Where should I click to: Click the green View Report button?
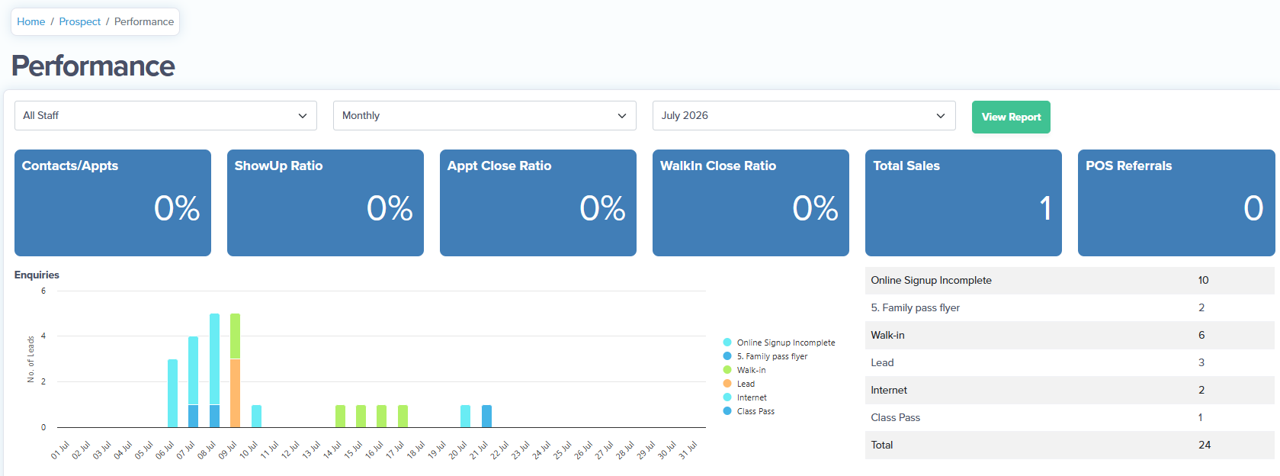point(1011,117)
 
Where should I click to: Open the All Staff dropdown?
point(165,116)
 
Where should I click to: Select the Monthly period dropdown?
point(485,116)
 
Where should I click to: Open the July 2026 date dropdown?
point(804,116)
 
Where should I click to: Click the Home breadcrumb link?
point(30,21)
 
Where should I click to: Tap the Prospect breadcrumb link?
point(79,21)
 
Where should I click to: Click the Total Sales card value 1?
point(1045,207)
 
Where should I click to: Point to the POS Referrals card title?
point(1128,166)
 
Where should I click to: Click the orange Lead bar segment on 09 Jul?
point(235,393)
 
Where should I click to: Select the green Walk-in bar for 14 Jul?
point(340,416)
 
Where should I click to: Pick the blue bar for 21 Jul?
point(486,416)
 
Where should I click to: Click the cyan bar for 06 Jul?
point(172,393)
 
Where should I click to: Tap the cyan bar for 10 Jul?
point(257,416)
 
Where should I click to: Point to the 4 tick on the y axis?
point(43,336)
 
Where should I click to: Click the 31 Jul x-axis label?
point(688,450)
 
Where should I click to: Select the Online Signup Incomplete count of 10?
point(1203,281)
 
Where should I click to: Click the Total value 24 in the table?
point(1204,445)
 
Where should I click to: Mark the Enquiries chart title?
point(37,275)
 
